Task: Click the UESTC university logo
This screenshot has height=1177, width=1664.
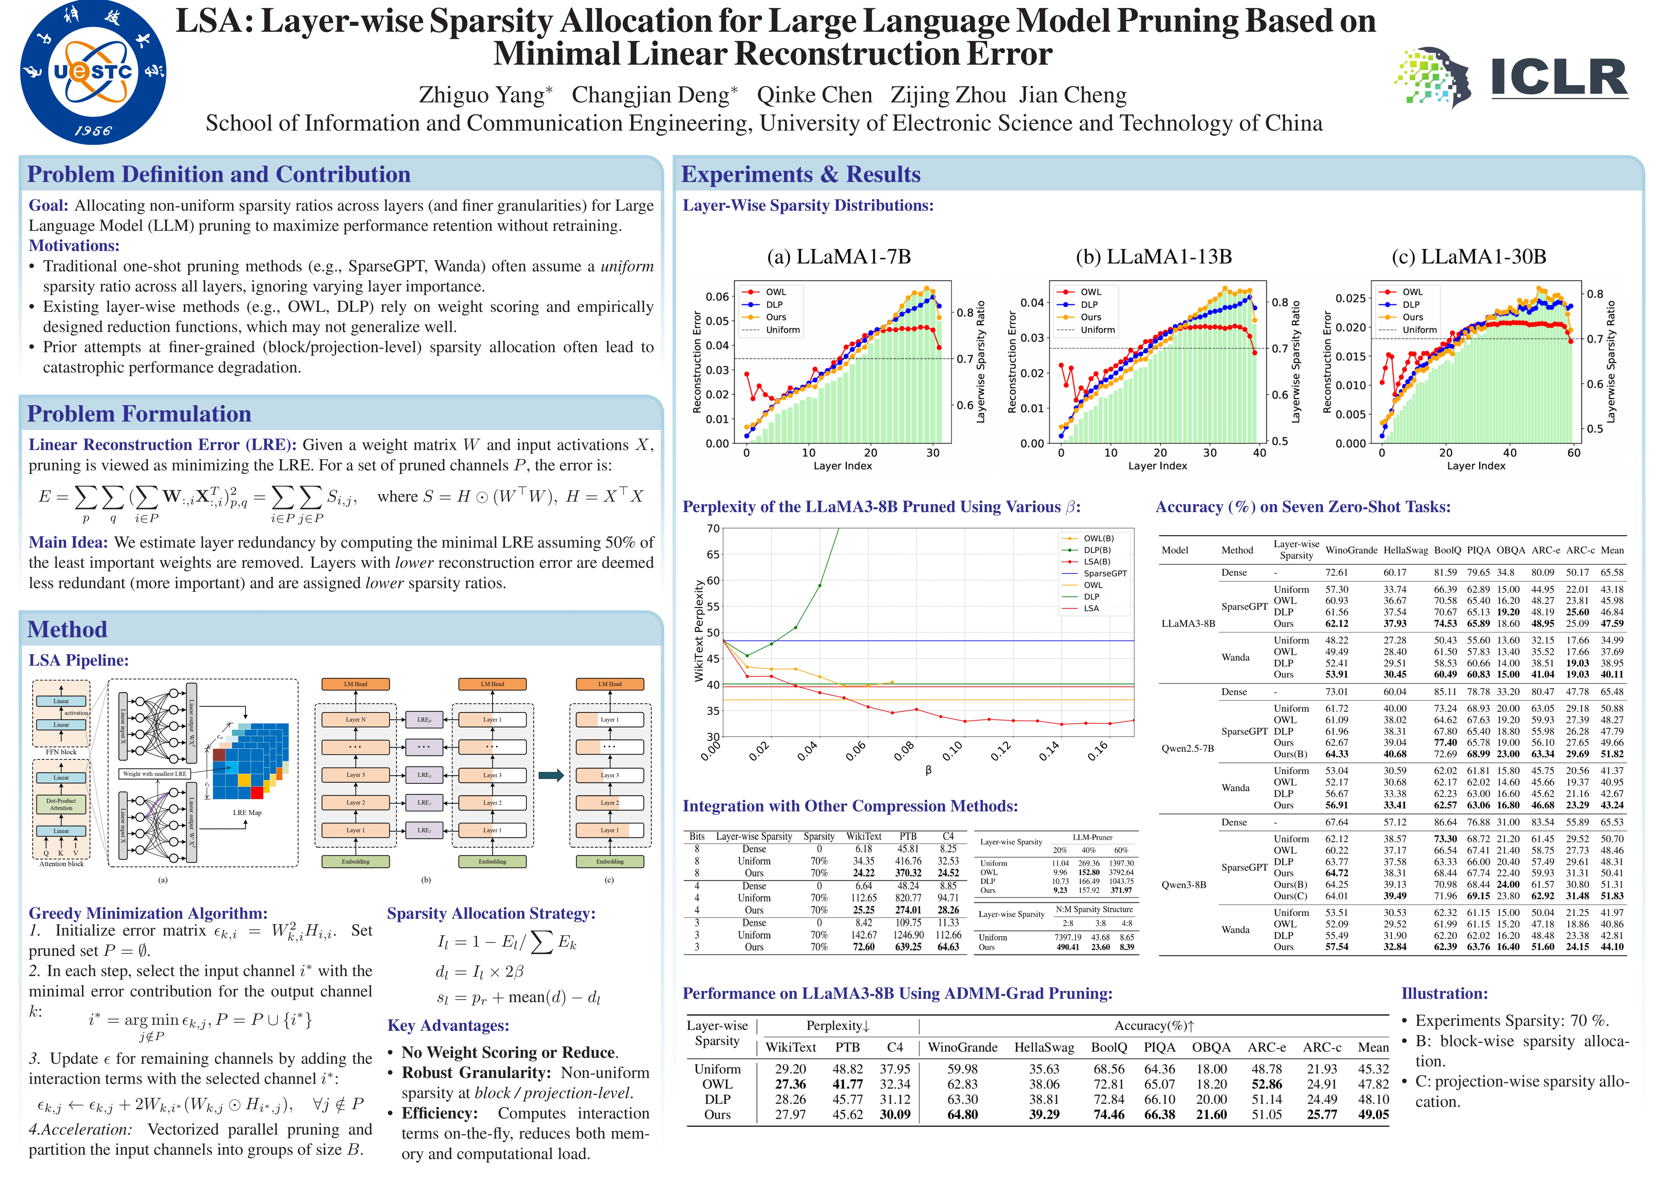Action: [x=93, y=72]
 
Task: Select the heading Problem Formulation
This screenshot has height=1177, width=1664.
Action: [x=139, y=414]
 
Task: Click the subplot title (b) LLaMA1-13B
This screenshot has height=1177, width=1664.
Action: [x=1153, y=257]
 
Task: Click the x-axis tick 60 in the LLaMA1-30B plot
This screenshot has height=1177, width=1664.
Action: [x=1573, y=453]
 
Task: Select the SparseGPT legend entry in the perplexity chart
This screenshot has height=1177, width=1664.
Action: [x=1105, y=573]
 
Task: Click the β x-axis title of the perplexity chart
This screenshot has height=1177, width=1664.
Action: [x=928, y=770]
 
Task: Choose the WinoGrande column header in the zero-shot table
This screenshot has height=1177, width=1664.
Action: [x=1351, y=550]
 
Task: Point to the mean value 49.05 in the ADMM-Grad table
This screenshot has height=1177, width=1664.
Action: [x=1373, y=1114]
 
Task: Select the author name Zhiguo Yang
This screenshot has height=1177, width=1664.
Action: [x=485, y=95]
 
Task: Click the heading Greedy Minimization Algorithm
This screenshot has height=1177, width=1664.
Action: [x=148, y=913]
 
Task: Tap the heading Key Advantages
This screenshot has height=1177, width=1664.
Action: [x=448, y=1025]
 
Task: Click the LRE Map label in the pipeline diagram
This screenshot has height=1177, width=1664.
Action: [x=247, y=812]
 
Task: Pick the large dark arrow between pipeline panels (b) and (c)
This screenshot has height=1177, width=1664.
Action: [x=551, y=776]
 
